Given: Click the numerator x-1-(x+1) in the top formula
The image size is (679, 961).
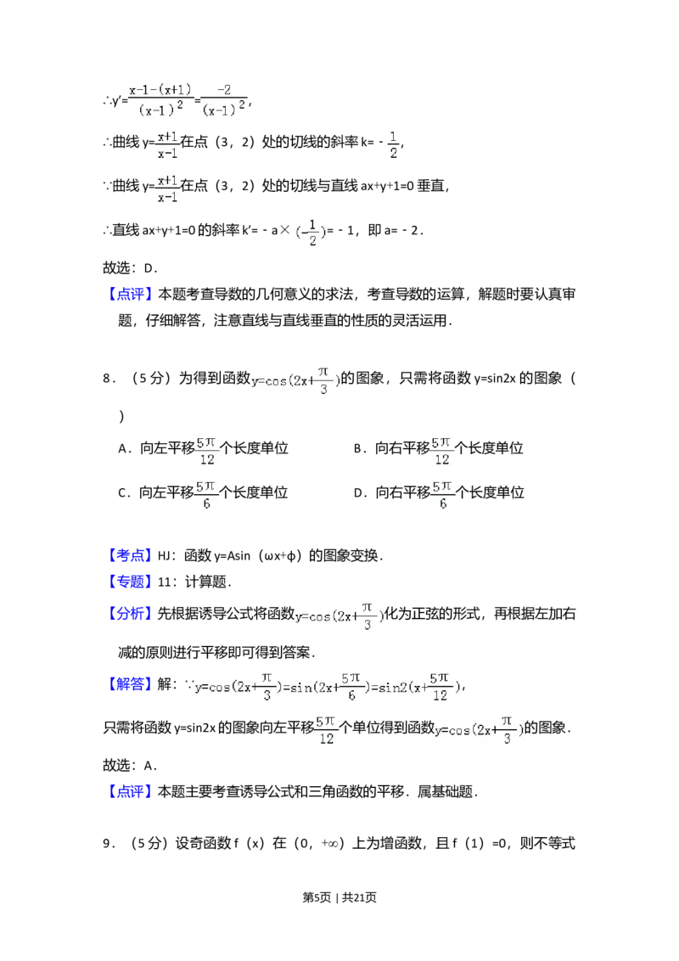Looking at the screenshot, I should click(160, 90).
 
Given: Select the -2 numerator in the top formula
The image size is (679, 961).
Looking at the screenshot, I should click(225, 90).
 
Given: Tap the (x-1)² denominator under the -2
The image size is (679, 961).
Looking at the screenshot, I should click(225, 110).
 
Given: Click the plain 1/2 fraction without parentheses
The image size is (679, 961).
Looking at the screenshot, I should click(393, 143).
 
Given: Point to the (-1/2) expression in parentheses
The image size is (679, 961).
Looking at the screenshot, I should click(309, 231).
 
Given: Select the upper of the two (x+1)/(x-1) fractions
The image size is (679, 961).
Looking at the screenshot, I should click(167, 145).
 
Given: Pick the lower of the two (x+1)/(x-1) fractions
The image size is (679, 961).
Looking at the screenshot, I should click(167, 188).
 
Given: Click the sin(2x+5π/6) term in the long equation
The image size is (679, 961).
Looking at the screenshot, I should click(327, 687).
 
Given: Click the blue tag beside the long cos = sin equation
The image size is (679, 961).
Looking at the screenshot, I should click(131, 683).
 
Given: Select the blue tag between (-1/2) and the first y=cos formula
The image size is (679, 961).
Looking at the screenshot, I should click(132, 295).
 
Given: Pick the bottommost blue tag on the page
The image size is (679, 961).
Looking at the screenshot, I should click(132, 791).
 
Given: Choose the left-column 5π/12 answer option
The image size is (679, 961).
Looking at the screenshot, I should click(206, 452).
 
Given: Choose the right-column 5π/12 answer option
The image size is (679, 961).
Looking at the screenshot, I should click(441, 452).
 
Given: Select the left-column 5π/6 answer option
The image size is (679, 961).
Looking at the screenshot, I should click(206, 496).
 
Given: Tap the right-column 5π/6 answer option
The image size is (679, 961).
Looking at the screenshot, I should click(444, 496).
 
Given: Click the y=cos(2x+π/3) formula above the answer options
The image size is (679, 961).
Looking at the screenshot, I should click(295, 380).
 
